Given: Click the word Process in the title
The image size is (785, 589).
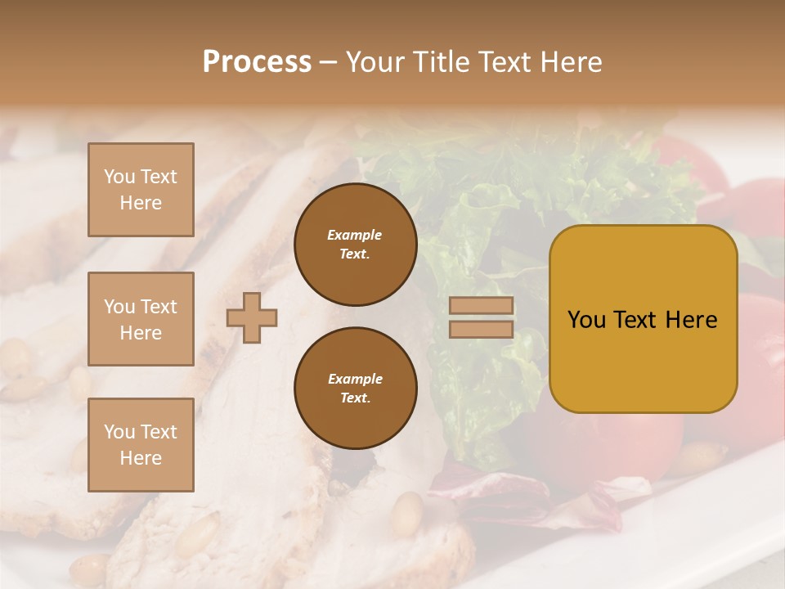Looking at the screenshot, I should pos(257,62).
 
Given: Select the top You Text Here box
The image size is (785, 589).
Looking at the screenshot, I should pos(141,190).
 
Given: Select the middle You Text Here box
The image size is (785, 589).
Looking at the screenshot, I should pos(141,319).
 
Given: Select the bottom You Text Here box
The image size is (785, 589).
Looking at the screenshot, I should pos(141,445).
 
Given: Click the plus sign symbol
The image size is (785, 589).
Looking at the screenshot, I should pos(252,317).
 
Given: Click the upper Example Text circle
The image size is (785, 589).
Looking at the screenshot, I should pos(355,245).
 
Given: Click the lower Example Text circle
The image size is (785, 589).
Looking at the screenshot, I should pos(355,389).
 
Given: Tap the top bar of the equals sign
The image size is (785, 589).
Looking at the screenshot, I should pos(481,306).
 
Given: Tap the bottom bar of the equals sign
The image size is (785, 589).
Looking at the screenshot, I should pos(481,330).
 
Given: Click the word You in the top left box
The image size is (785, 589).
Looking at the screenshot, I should pos(119,177).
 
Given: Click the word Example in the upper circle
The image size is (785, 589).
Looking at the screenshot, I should pos(355,235).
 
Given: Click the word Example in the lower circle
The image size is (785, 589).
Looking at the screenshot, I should pos(355,379).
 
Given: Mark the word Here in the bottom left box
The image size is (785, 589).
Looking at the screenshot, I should pos(141,458).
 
